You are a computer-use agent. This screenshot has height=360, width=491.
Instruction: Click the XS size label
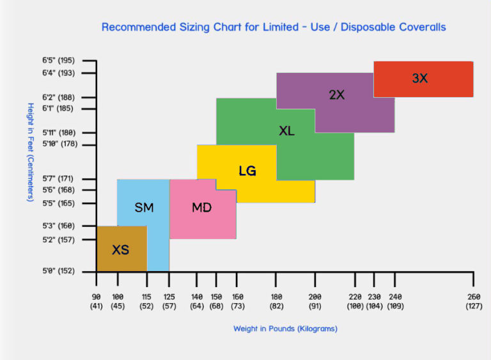pos(120,249)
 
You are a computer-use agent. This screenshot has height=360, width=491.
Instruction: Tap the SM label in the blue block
pos(144,207)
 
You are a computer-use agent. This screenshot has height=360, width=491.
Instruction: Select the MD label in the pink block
pos(201,207)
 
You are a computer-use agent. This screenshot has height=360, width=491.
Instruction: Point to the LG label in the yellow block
pos(247,171)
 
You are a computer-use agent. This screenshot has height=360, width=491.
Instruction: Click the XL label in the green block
pos(286,131)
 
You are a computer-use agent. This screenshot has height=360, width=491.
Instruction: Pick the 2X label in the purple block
pos(337,95)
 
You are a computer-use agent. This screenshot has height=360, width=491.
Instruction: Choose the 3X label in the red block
pos(420,79)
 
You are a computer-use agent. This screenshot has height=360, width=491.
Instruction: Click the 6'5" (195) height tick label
pos(58,61)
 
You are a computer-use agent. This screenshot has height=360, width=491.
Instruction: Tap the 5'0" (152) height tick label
pos(58,271)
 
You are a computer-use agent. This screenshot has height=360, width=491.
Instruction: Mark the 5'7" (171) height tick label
pos(58,179)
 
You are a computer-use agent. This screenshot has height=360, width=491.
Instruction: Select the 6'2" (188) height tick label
pos(58,97)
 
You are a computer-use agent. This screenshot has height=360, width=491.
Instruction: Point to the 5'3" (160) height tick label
pos(58,226)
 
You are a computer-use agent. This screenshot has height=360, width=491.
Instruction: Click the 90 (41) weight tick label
pos(97,302)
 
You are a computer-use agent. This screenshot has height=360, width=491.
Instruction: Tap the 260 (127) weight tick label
pos(473,302)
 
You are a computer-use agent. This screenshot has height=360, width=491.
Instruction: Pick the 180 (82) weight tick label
pos(276,302)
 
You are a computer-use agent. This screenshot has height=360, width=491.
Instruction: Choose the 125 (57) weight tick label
pos(169,302)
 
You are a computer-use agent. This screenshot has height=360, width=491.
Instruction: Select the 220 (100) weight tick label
pos(355,302)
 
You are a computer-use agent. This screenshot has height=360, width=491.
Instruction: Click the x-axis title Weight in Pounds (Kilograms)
pos(285,329)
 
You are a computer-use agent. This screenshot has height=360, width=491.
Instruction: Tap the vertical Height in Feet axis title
pos(30,152)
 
